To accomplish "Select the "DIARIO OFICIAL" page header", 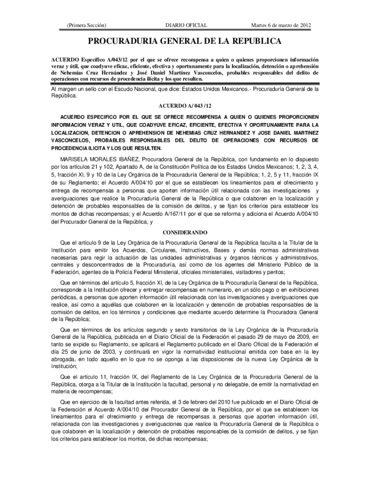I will [x=186, y=25].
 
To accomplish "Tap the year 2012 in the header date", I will [x=308, y=25].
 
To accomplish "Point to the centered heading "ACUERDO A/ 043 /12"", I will [x=185, y=105].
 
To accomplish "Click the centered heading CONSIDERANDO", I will [x=185, y=232].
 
